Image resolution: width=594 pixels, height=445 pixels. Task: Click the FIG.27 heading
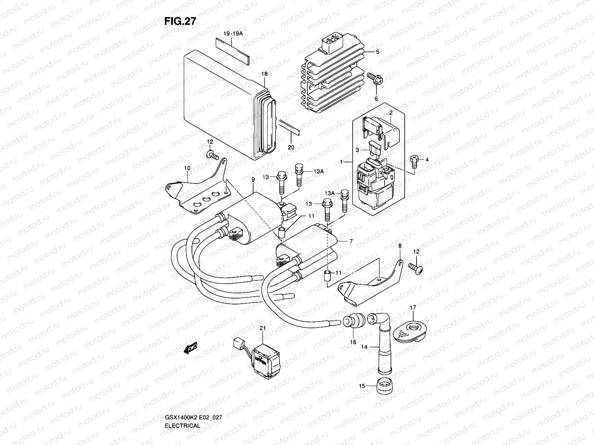pos(180,22)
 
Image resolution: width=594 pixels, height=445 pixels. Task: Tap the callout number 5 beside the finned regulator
pos(377,52)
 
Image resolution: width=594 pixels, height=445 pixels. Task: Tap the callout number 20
pos(291,147)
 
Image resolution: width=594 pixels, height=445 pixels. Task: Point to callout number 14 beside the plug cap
pos(364,347)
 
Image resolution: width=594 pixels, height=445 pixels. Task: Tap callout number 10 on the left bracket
pos(187,168)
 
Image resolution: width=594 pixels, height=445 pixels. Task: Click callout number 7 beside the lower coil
pos(350,241)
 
